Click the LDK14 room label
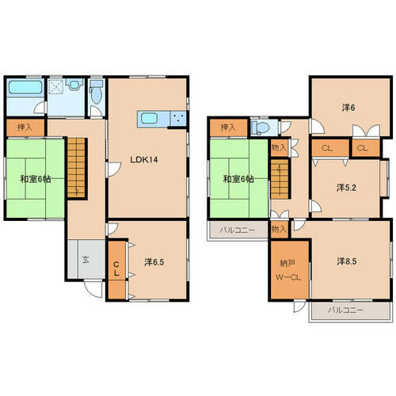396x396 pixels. (144, 160)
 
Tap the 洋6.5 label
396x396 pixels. (154, 262)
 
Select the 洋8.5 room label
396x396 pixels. (347, 261)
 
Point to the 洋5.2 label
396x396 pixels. (346, 188)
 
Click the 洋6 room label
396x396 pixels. (348, 108)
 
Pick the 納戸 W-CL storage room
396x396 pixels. (289, 270)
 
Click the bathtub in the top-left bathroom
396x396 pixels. (25, 87)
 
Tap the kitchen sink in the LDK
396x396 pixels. (149, 118)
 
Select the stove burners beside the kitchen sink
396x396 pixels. (178, 118)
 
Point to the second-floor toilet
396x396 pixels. (261, 128)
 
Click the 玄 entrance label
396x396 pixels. (86, 260)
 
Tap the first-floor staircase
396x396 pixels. (77, 168)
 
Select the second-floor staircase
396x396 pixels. (280, 178)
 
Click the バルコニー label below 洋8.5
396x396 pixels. (345, 310)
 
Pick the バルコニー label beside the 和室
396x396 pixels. (238, 230)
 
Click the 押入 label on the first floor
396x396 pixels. (25, 128)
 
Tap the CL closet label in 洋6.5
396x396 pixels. (116, 268)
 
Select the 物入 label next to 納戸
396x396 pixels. (280, 230)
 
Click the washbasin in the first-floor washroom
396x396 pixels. (74, 85)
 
